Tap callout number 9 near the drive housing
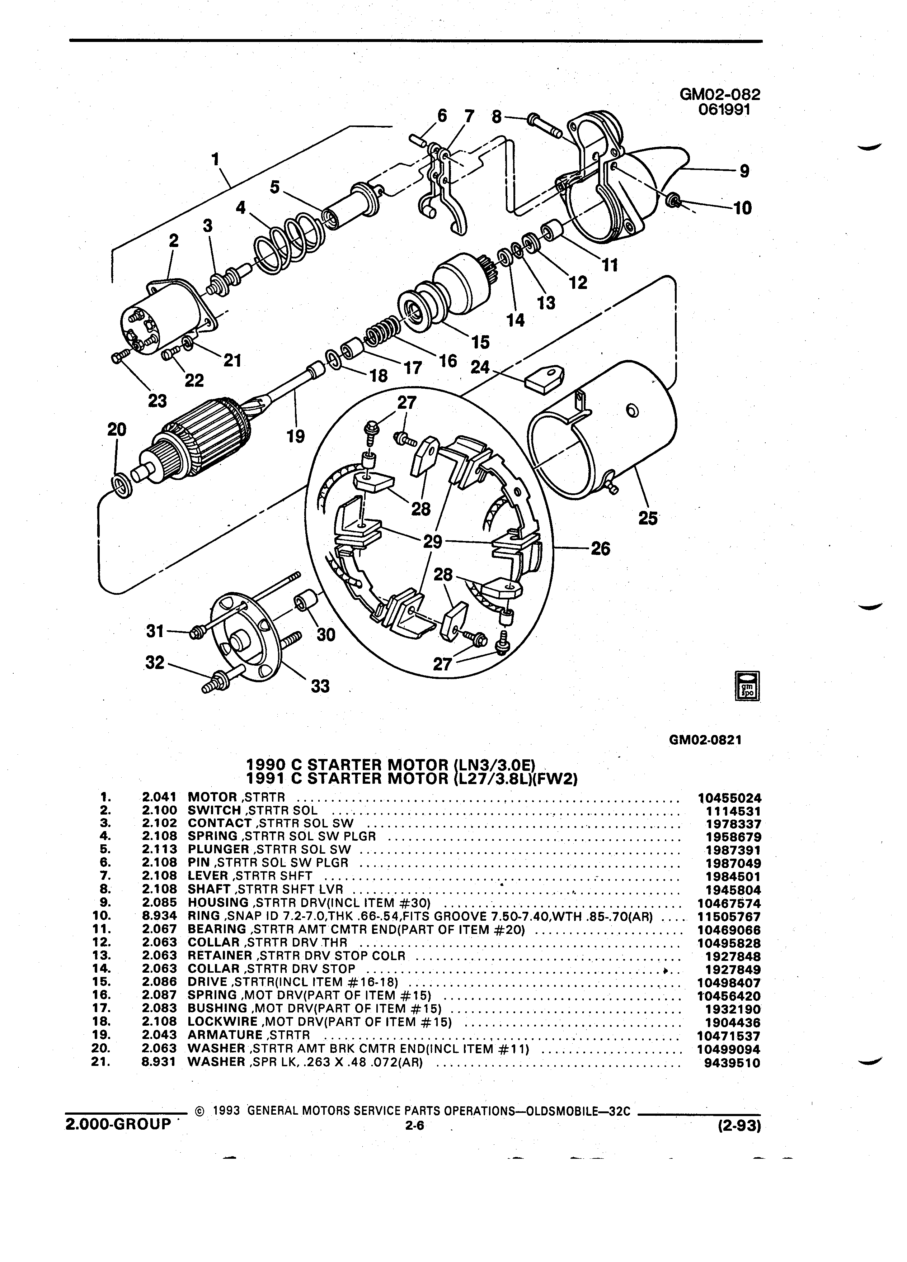coord(744,171)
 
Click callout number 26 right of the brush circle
coord(600,549)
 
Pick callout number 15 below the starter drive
coord(480,342)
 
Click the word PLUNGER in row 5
coord(218,849)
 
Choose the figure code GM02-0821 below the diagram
coord(706,741)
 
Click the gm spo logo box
coord(748,686)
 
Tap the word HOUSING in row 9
coord(218,902)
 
